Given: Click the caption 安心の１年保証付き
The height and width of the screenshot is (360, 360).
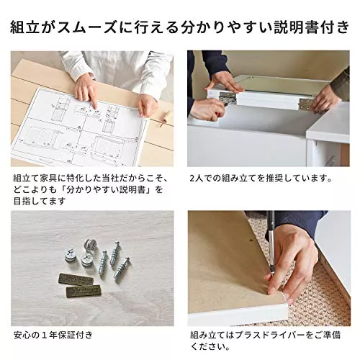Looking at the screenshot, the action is [53, 335].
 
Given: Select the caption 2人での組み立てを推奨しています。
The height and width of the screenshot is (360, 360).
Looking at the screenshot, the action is [261, 179].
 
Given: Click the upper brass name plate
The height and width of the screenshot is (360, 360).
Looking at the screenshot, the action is [76, 280].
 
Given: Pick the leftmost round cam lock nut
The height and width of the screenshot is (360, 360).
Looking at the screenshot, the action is [71, 256].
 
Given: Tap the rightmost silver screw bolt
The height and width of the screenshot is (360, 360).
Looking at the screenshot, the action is [122, 269].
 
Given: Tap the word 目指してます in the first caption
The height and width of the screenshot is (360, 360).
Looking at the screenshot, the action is [40, 201].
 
